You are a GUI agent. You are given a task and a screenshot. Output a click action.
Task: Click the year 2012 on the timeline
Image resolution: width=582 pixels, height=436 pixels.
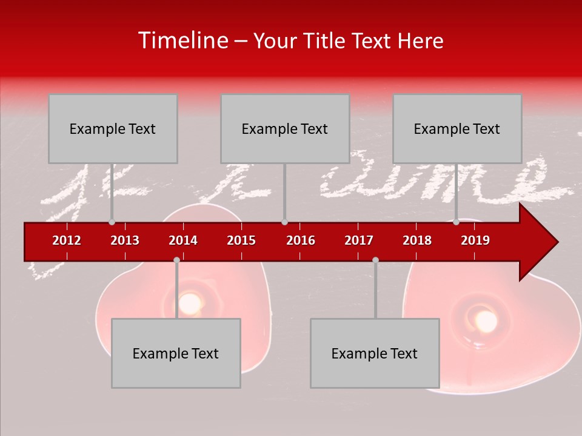(67, 240)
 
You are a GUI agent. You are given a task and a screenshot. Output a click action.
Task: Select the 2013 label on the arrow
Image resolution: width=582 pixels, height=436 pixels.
(125, 240)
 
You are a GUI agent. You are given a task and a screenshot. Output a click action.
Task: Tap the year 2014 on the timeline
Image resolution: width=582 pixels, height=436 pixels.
(183, 240)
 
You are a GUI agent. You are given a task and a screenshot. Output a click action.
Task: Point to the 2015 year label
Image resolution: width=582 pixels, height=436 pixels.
(241, 240)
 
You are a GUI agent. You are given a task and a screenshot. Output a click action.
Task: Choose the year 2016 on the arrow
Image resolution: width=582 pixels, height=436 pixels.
(301, 240)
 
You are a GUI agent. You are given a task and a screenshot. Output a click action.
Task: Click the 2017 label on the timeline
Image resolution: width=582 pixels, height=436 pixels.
(359, 240)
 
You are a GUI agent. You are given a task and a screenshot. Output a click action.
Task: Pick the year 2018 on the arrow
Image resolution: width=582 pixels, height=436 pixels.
(417, 240)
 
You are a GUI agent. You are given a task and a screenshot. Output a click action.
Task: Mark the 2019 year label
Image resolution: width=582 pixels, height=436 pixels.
(475, 240)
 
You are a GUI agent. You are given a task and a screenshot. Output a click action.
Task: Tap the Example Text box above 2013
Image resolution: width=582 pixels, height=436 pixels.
(113, 128)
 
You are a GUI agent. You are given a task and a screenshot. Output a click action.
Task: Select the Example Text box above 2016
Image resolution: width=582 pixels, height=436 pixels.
(285, 128)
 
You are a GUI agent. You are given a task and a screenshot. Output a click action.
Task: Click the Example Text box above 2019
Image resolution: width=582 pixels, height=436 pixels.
(457, 128)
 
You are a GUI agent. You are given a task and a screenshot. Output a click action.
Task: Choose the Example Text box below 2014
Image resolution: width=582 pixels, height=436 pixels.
(176, 353)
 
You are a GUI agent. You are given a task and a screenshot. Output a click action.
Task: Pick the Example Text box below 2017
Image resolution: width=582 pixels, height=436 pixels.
(375, 353)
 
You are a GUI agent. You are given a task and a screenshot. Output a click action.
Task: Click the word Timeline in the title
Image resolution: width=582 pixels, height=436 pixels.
(182, 41)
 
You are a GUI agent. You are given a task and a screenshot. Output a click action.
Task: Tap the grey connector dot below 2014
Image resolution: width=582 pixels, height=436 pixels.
(176, 260)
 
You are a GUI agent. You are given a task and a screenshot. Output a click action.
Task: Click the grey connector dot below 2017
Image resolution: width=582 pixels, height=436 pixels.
(375, 260)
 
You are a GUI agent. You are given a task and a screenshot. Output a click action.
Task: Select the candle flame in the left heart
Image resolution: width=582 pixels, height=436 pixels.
(190, 302)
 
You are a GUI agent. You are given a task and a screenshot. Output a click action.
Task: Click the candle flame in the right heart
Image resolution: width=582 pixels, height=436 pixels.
(485, 320)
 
